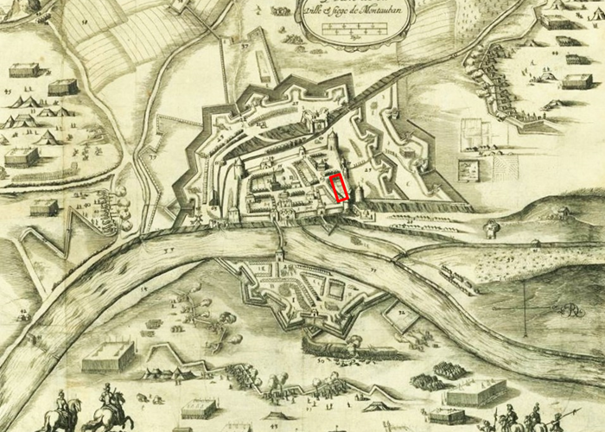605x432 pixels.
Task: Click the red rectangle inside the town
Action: tap(341, 187)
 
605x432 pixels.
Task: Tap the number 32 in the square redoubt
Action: tap(403, 312)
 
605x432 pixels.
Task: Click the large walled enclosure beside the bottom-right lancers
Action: tap(476, 392)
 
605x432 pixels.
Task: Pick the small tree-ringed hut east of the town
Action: tap(492, 229)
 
